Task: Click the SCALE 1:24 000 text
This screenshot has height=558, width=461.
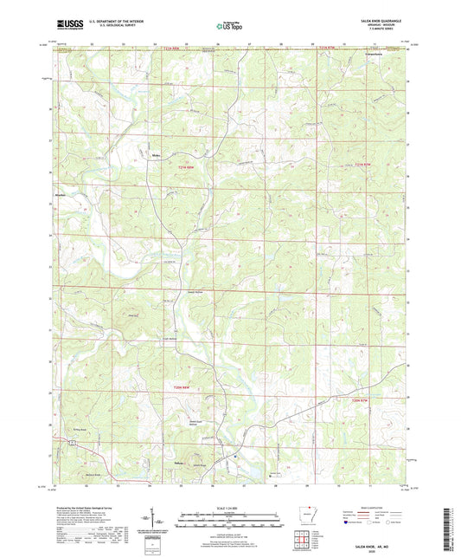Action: (229, 508)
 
